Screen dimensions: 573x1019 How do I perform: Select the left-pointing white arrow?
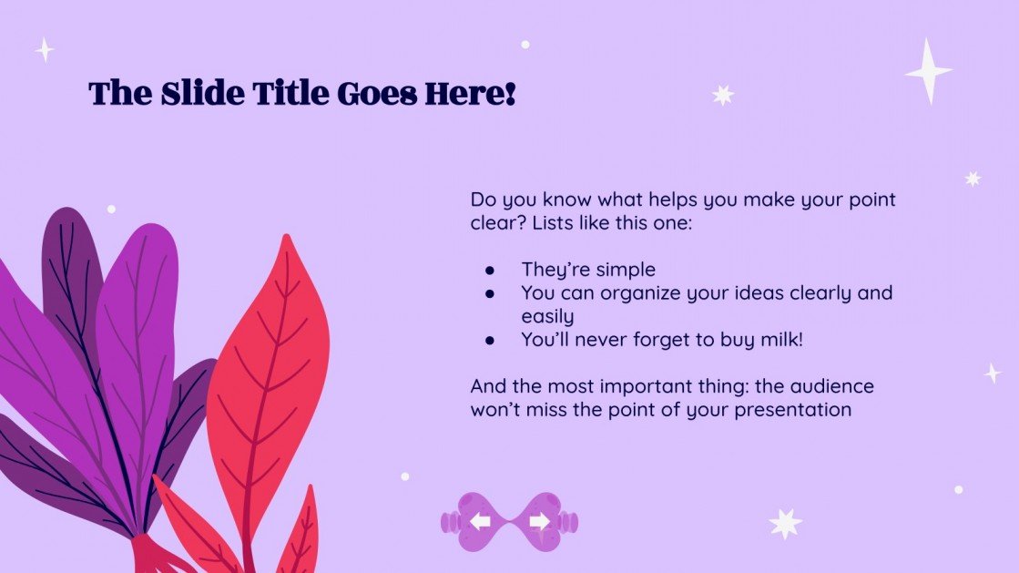(x=481, y=521)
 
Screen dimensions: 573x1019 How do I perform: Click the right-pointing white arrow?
(x=539, y=521)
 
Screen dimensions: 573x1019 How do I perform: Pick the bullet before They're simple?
(x=490, y=270)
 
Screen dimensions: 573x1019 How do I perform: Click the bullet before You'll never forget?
(x=490, y=340)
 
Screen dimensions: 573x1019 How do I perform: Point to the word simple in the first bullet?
(x=625, y=270)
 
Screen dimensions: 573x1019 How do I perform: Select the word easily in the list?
(x=547, y=316)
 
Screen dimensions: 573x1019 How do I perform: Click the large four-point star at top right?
(x=928, y=70)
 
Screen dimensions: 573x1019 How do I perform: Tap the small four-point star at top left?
(x=44, y=49)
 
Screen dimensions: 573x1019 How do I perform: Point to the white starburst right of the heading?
(x=723, y=95)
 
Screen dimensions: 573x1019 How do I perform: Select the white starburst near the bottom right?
(x=785, y=523)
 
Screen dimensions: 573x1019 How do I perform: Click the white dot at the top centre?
(x=525, y=44)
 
